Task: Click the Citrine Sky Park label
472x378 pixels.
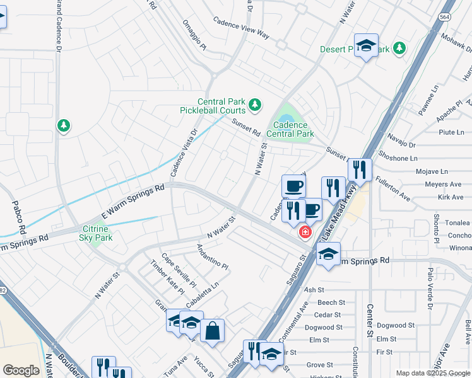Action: (x=96, y=233)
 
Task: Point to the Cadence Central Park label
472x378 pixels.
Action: (x=290, y=129)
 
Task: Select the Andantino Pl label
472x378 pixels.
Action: (x=211, y=257)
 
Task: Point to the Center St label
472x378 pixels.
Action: (x=370, y=320)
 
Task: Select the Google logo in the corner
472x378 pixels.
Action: (x=21, y=370)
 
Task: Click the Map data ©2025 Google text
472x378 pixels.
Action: (x=433, y=373)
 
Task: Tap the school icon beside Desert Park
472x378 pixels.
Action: (x=366, y=46)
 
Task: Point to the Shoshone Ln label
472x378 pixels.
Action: (x=397, y=157)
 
